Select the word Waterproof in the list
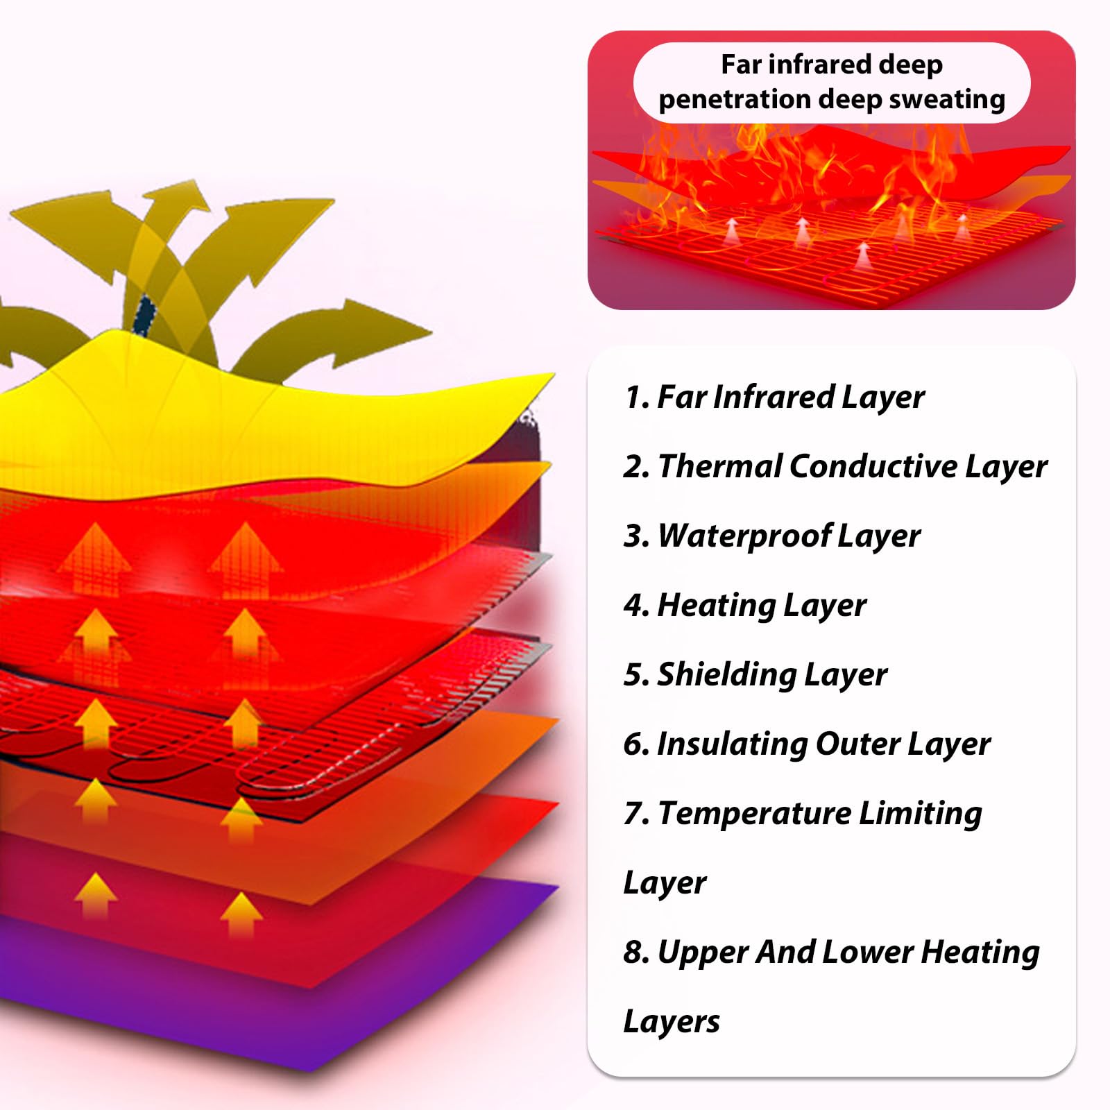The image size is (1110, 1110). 744,536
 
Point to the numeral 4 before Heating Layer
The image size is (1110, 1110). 635,605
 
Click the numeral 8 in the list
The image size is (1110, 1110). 635,952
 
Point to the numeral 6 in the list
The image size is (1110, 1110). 635,744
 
